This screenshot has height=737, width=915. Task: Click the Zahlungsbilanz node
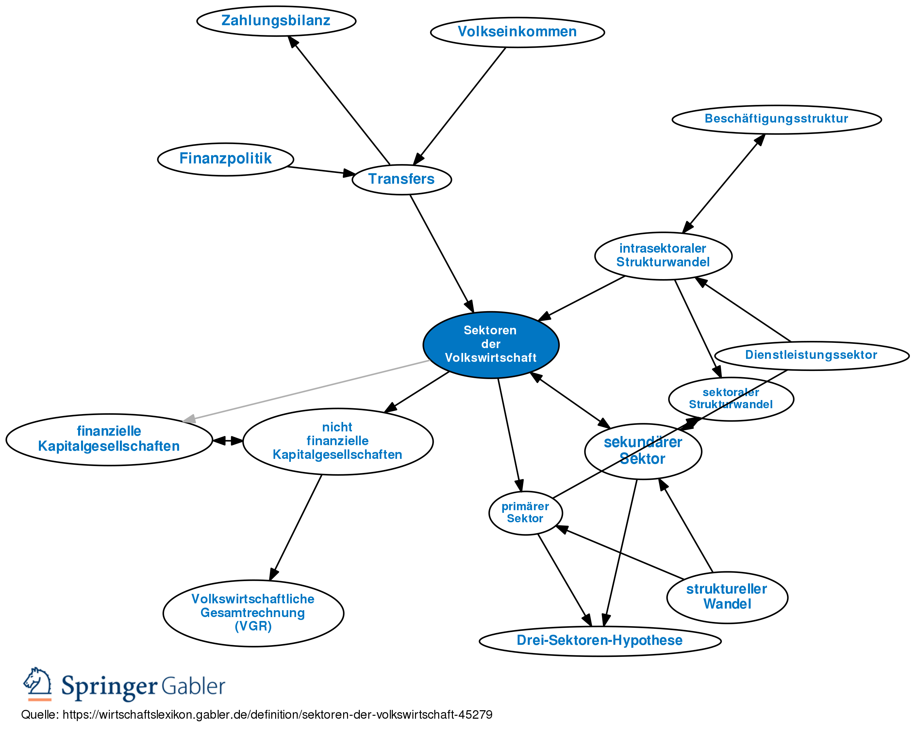(276, 21)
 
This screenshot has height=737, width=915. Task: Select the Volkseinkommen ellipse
(517, 32)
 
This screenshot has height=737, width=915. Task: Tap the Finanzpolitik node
(225, 159)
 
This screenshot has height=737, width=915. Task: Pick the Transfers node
(402, 179)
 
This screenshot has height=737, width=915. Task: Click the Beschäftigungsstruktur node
(776, 119)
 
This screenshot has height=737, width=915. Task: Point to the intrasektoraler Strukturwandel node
(663, 256)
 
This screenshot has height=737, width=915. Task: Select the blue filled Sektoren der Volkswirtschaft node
(491, 344)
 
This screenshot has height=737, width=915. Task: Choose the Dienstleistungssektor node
(811, 355)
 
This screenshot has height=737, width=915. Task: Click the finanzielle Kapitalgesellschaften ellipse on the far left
(109, 439)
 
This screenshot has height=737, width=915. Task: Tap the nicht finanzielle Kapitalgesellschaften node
(337, 441)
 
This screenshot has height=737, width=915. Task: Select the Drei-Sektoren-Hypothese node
(599, 640)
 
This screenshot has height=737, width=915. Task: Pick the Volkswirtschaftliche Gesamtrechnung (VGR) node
(253, 612)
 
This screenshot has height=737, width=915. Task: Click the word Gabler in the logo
(193, 686)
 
